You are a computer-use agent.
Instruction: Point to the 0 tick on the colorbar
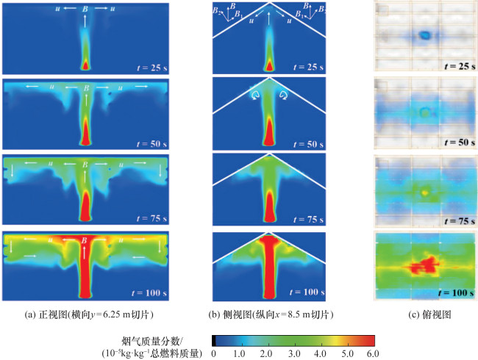(x=213, y=353)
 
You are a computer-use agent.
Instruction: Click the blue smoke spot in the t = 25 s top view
(x=424, y=35)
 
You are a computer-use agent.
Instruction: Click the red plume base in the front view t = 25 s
(x=85, y=65)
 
